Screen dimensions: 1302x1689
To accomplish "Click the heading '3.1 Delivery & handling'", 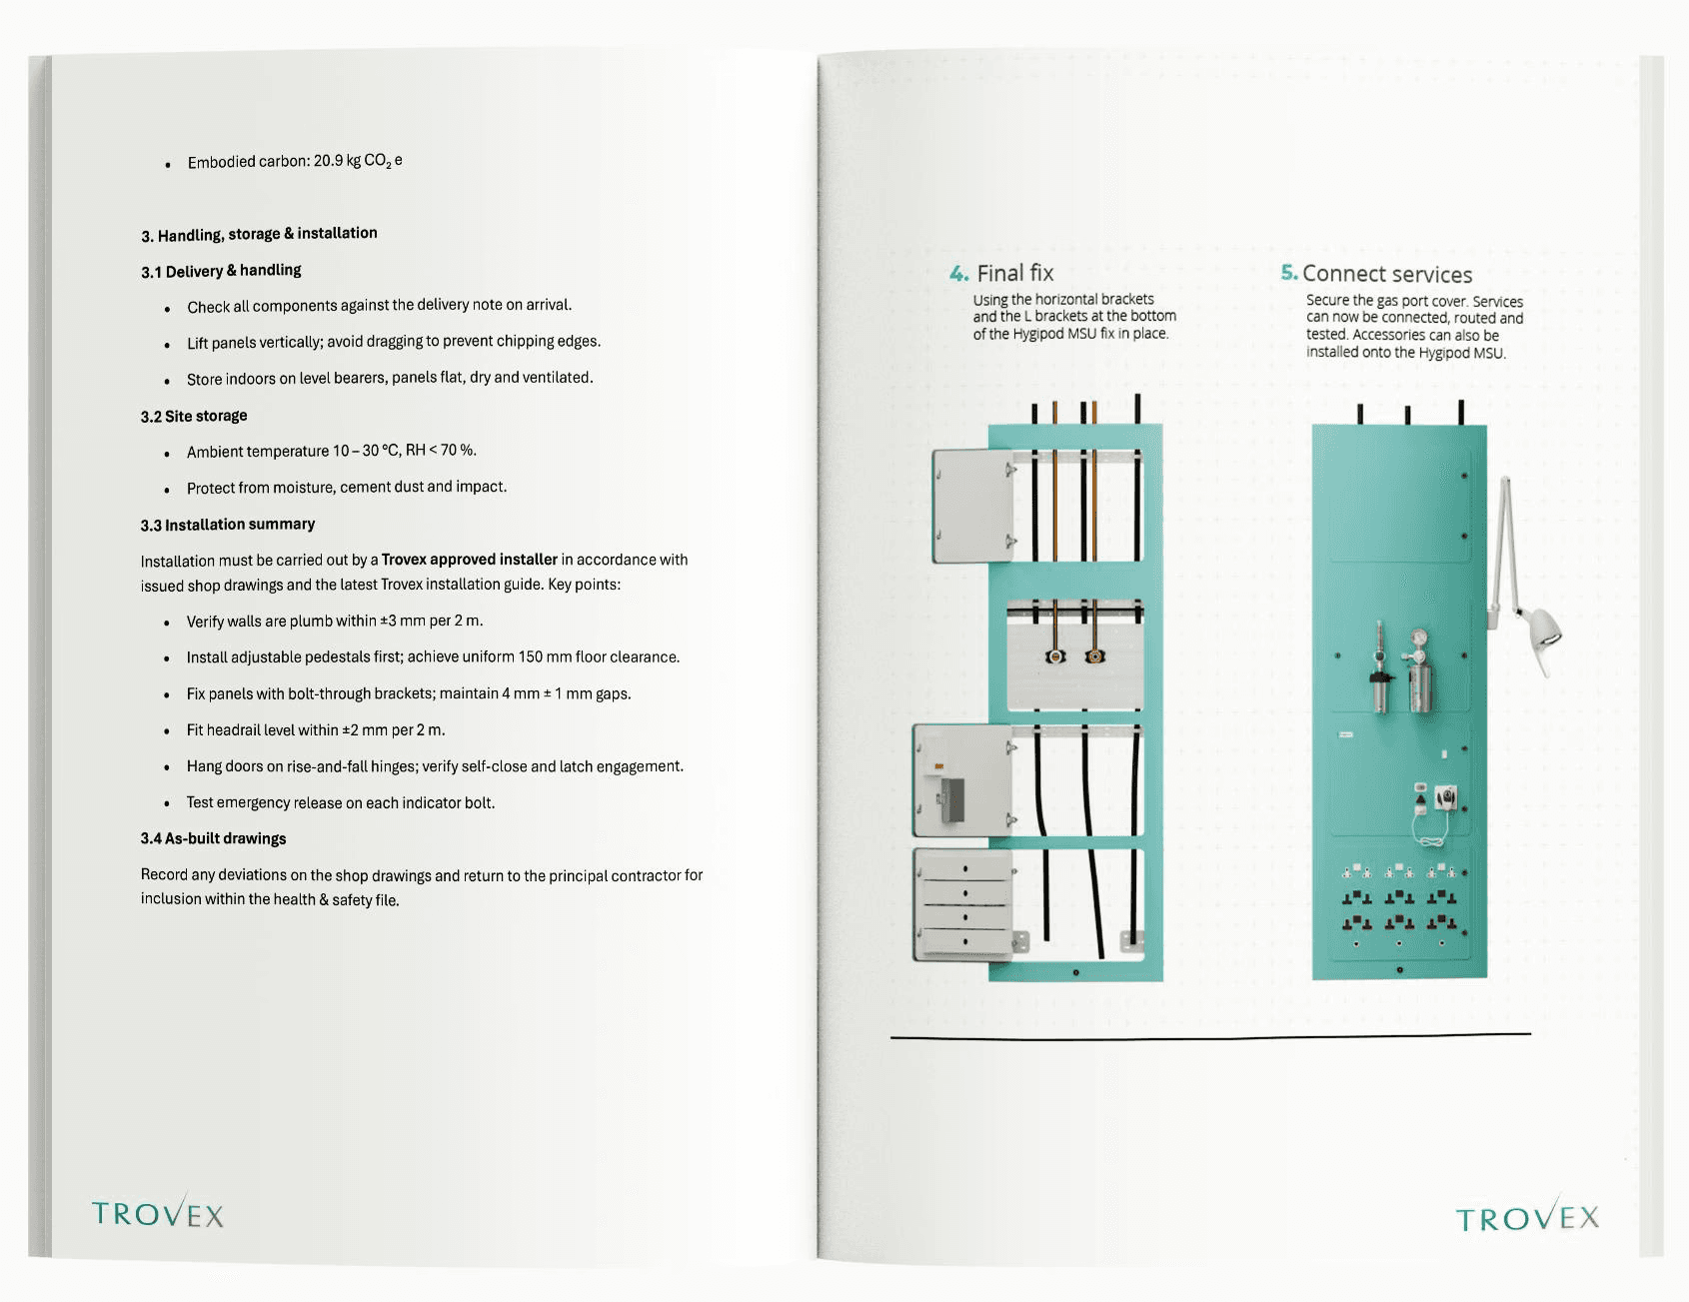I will point(221,271).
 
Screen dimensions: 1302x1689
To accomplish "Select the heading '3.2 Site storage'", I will point(194,416).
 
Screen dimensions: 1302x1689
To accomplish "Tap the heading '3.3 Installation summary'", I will point(228,525).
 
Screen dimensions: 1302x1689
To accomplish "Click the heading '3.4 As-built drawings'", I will point(213,838).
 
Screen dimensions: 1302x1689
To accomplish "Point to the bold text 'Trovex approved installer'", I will point(469,560).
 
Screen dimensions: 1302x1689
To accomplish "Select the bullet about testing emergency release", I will point(340,802).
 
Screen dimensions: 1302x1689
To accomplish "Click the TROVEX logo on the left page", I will point(158,1213).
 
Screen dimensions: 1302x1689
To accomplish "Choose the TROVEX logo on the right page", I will point(1526,1217).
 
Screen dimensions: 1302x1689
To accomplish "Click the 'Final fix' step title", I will point(1014,274).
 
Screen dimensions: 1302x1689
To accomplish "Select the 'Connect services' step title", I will point(1387,275).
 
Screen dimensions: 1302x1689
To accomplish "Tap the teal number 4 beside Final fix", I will point(958,274).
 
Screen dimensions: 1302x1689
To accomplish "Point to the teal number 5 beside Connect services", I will point(1288,273).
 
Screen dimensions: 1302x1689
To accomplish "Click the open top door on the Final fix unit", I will point(972,506).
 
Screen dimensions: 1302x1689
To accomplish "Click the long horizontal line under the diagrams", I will point(1209,1036).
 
